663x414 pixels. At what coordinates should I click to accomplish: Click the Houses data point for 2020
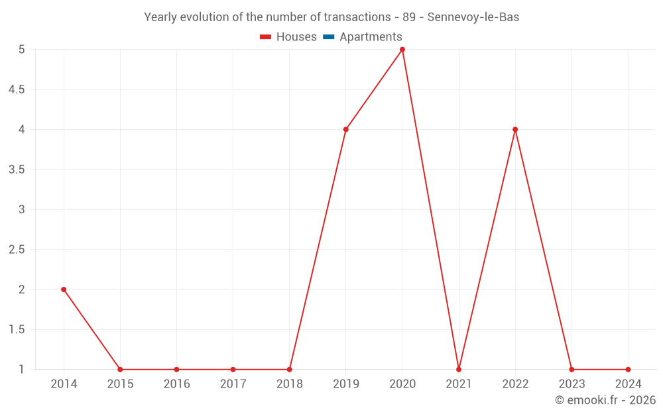[x=402, y=50]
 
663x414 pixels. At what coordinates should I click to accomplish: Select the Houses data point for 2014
[x=64, y=289]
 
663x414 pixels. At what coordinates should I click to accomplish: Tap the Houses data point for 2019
[x=346, y=129]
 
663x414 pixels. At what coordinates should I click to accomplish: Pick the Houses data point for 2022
[x=515, y=129]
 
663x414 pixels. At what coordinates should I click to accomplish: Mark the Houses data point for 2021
[x=459, y=370]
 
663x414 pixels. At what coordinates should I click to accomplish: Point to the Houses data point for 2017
[x=233, y=370]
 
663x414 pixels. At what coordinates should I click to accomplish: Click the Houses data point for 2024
[x=628, y=370]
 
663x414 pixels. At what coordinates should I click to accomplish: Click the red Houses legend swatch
[x=265, y=37]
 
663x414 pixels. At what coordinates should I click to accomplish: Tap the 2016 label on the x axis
[x=176, y=384]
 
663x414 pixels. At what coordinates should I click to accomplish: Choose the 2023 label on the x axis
[x=572, y=384]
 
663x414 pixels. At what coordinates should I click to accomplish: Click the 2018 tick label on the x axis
[x=290, y=384]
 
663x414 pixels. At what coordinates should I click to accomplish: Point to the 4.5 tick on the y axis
[x=17, y=89]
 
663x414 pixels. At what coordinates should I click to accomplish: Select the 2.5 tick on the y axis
[x=17, y=250]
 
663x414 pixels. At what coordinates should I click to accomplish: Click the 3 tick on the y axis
[x=21, y=209]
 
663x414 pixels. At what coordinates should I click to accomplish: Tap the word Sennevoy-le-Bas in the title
[x=473, y=17]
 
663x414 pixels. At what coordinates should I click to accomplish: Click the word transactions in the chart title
[x=357, y=17]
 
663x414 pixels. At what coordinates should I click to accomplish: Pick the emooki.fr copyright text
[x=605, y=400]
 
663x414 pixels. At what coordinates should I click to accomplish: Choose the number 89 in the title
[x=408, y=17]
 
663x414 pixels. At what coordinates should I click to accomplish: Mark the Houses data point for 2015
[x=120, y=370]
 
